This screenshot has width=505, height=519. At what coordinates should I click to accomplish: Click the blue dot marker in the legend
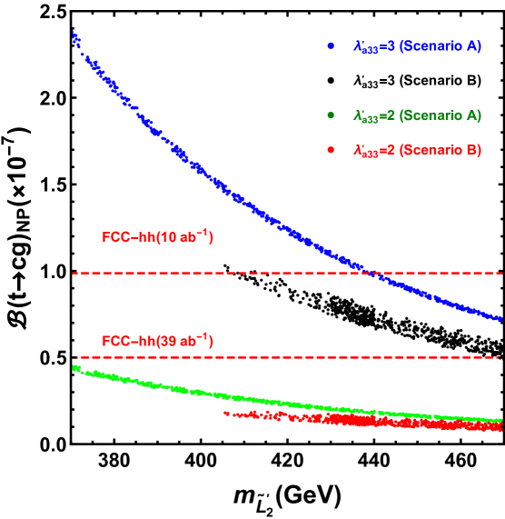pyautogui.click(x=331, y=45)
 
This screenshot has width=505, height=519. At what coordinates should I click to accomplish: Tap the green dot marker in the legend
pyautogui.click(x=331, y=115)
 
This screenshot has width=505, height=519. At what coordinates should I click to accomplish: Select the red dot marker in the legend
pyautogui.click(x=331, y=149)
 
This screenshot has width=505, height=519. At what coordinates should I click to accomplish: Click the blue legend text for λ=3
pyautogui.click(x=416, y=45)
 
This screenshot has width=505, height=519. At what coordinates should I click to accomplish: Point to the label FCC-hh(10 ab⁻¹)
pyautogui.click(x=157, y=237)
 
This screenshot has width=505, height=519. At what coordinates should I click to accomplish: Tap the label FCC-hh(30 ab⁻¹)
pyautogui.click(x=157, y=342)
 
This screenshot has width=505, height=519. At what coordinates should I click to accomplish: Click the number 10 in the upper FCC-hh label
pyautogui.click(x=166, y=238)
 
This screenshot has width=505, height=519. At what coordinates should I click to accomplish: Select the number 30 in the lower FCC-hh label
pyautogui.click(x=166, y=343)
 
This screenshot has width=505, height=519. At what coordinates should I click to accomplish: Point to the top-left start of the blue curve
pyautogui.click(x=74, y=36)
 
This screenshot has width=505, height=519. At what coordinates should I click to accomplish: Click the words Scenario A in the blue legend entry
pyautogui.click(x=440, y=45)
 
